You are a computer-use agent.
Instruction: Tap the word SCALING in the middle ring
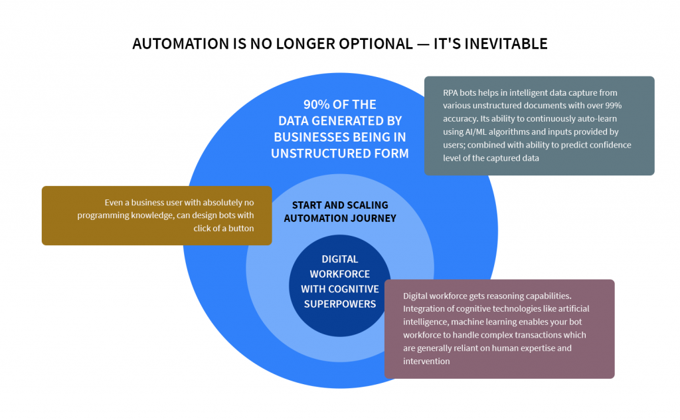click(364, 205)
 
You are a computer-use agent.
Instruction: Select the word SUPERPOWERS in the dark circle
click(340, 304)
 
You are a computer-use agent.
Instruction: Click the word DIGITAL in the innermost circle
click(340, 259)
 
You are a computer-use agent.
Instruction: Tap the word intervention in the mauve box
click(426, 361)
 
